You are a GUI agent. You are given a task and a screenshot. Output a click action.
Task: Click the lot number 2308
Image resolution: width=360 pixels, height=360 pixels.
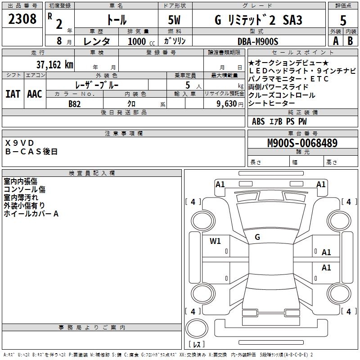coord(22,19)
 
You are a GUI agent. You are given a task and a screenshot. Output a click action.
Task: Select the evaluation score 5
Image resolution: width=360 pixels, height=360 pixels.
coord(343,20)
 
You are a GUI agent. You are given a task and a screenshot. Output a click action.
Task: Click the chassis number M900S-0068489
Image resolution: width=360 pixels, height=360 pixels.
coord(302,143)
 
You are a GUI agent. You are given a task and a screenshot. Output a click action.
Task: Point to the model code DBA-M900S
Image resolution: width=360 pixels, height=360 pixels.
coord(258,41)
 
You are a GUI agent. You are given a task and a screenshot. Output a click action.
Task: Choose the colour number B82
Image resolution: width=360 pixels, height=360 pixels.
coord(74,103)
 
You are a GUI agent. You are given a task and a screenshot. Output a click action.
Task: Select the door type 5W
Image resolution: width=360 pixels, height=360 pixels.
coord(175,20)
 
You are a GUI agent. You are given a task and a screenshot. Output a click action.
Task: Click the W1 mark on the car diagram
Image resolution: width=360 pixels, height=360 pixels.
coord(215,241)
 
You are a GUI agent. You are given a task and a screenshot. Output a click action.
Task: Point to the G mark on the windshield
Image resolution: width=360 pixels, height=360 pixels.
coord(257,237)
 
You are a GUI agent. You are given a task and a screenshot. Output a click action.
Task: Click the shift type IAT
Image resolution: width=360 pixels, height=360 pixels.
coord(13,94)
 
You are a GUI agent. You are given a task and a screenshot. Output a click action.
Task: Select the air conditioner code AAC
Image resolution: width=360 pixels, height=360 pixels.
coord(35,94)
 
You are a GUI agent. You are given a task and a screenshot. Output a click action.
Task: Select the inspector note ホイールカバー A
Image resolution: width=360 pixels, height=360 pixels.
coord(31,214)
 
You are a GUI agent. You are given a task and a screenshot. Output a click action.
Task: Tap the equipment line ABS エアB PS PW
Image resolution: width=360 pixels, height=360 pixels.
coord(279,121)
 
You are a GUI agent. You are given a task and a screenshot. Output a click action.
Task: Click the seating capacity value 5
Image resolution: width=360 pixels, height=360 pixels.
coord(187,85)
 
